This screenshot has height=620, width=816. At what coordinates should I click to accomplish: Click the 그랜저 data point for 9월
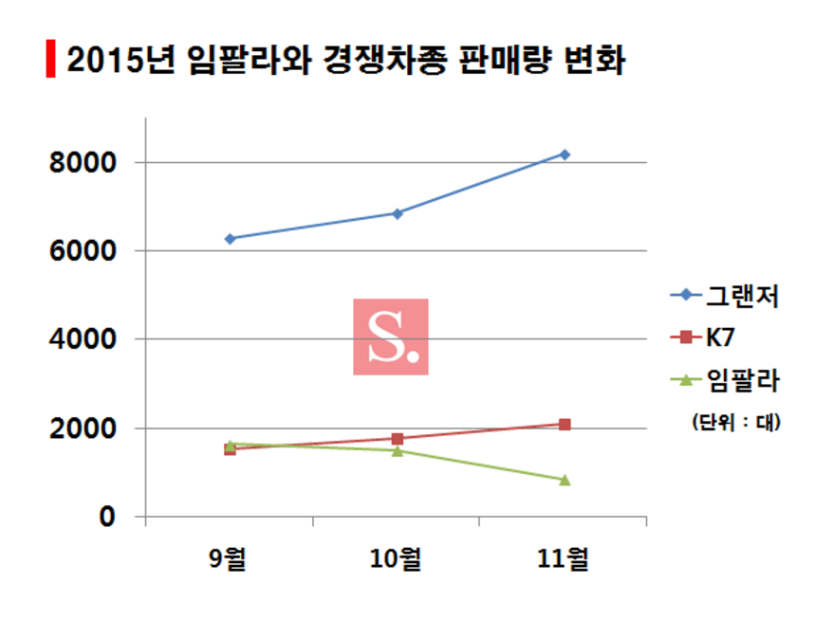230,239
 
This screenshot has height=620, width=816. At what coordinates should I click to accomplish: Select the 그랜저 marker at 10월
398,213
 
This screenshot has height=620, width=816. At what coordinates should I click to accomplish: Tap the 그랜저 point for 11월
565,154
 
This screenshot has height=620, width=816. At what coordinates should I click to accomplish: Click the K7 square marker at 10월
398,439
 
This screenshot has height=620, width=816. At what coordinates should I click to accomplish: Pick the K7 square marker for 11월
565,425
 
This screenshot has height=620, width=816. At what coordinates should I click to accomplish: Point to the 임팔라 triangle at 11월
565,480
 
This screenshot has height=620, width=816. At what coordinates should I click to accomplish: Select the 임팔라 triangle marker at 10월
398,450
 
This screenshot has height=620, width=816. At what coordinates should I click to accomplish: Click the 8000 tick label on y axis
82,163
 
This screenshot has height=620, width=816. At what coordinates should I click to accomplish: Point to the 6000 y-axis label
82,251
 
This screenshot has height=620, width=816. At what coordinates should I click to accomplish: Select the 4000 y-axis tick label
82,339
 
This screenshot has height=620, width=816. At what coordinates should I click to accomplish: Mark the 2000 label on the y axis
82,429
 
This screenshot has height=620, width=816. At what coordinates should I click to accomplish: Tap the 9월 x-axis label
229,560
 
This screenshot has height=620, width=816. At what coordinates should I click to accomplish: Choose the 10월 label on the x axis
397,560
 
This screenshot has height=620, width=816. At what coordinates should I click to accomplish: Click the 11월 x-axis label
564,560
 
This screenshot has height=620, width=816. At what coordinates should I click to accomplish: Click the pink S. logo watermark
391,337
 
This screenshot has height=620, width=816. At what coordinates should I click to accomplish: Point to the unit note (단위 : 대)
736,423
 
